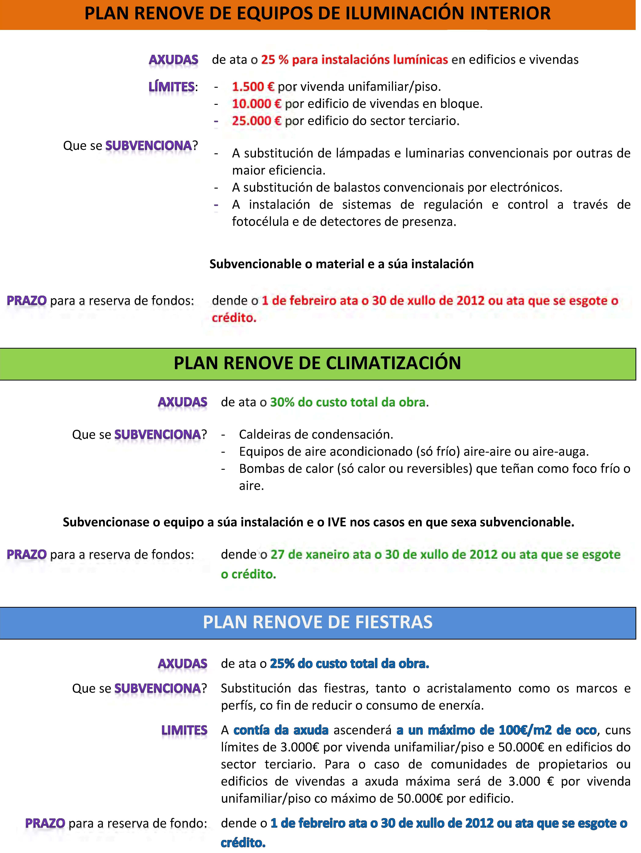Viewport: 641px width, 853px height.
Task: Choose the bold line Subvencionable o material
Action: coord(341,264)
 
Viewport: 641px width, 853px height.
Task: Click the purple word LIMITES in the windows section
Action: coord(184,730)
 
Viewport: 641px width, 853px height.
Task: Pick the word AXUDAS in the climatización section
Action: coord(182,402)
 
